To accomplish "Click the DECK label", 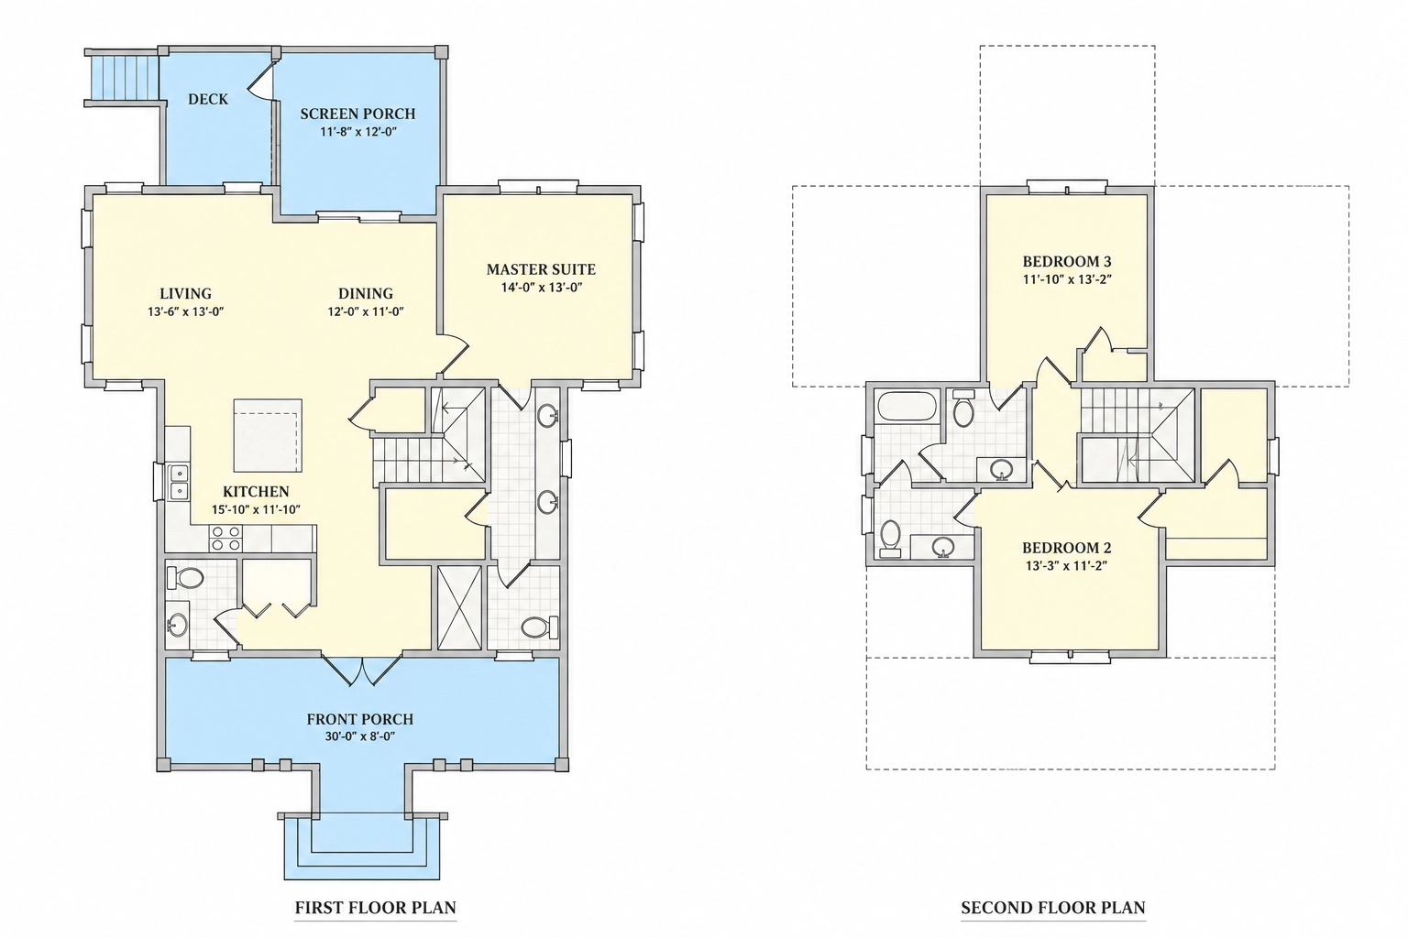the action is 208,99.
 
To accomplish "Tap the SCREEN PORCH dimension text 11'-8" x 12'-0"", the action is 358,133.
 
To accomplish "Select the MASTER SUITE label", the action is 541,269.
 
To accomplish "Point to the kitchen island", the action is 268,435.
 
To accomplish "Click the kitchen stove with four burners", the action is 226,539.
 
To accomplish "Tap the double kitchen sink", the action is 179,481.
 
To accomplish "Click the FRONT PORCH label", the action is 360,719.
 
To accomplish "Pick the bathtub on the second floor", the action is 907,407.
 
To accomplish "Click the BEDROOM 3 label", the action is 1067,261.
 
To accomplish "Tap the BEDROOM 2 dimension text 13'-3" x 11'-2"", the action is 1067,565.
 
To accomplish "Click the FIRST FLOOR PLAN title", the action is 376,908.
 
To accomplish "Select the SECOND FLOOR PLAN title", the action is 1053,908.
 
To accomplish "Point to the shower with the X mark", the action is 459,607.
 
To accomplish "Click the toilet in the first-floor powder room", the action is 185,578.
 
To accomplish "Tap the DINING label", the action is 366,293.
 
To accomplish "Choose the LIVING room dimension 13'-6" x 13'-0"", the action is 186,311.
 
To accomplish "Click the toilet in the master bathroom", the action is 540,627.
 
